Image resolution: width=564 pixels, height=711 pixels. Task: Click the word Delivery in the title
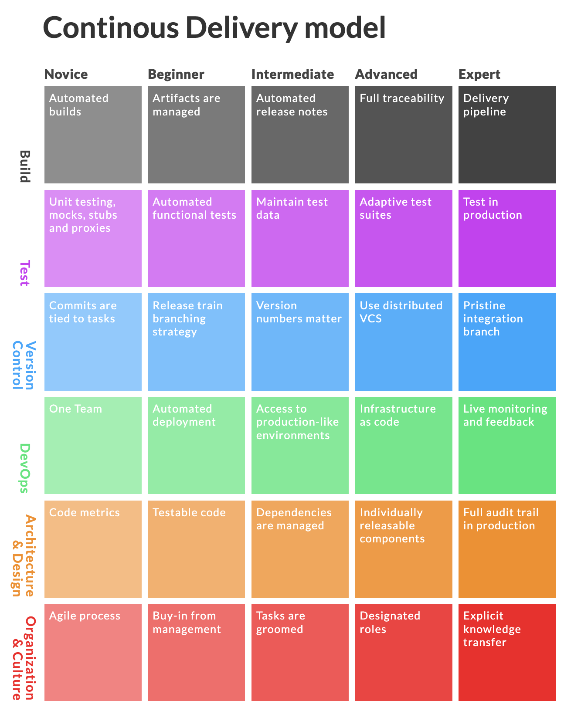[x=242, y=28]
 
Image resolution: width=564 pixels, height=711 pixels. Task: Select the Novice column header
[x=66, y=74]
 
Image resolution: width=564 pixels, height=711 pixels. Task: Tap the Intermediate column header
[x=292, y=74]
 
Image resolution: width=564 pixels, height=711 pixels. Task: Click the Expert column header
[x=479, y=74]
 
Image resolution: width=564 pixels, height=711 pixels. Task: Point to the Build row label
[x=25, y=166]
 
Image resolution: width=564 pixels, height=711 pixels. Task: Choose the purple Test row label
[x=25, y=273]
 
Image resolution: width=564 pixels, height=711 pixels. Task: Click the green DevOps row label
[x=25, y=468]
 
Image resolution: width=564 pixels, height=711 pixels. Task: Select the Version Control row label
[x=23, y=365]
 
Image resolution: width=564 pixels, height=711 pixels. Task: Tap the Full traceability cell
[x=403, y=135]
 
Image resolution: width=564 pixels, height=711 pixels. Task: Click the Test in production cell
[x=506, y=238]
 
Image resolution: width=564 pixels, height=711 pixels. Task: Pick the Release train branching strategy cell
[x=196, y=342]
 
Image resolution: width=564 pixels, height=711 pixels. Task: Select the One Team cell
[x=93, y=445]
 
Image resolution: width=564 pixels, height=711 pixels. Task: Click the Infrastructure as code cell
[x=403, y=445]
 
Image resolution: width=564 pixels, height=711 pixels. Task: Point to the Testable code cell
[x=196, y=548]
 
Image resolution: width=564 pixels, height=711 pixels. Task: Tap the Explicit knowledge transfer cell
[x=506, y=652]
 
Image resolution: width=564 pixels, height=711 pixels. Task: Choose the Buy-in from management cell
[x=196, y=652]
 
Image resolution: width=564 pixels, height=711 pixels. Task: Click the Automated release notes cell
[x=300, y=135]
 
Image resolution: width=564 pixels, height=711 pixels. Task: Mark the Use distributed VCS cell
[x=403, y=342]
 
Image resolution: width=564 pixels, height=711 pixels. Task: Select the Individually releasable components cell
[x=403, y=548]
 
